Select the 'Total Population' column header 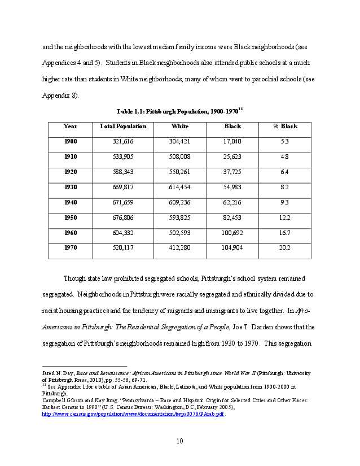(123, 127)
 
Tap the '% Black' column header (285, 127)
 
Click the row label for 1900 (71, 141)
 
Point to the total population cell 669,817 (123, 187)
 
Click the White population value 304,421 (180, 141)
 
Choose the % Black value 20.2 (285, 248)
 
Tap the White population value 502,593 (180, 233)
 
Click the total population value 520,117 (123, 248)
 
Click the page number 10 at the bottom (179, 441)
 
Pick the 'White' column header (180, 127)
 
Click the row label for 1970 (71, 248)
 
